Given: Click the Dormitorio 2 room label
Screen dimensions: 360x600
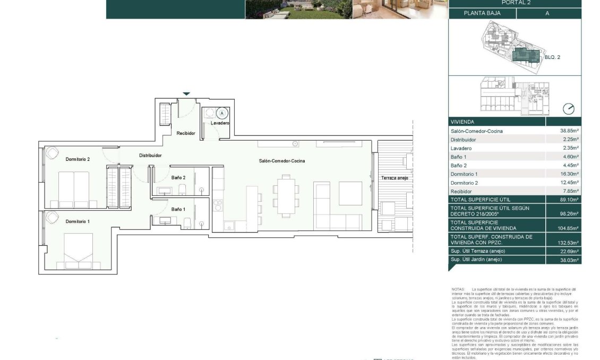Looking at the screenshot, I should pyautogui.click(x=78, y=159).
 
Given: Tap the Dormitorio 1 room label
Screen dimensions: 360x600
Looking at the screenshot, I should pyautogui.click(x=78, y=221).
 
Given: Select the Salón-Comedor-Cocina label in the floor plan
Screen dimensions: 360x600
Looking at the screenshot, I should pyautogui.click(x=282, y=161).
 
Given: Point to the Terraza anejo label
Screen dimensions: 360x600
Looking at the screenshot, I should pyautogui.click(x=395, y=178).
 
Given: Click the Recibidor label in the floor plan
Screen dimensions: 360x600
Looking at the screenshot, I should pyautogui.click(x=186, y=133).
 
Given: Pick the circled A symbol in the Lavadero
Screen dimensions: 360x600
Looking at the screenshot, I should pyautogui.click(x=222, y=113).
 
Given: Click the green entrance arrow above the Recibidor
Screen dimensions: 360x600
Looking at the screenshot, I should pyautogui.click(x=186, y=94).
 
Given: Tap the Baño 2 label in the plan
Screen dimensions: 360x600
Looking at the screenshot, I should pyautogui.click(x=178, y=178).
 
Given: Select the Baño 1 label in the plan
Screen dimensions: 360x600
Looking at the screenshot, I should pyautogui.click(x=178, y=209).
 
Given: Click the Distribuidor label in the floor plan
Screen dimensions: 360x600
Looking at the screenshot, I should pyautogui.click(x=150, y=156).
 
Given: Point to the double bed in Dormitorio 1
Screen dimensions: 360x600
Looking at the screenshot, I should pyautogui.click(x=78, y=250).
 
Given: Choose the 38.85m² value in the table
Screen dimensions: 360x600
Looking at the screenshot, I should pyautogui.click(x=569, y=131).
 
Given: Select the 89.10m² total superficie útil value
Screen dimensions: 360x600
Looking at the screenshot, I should pyautogui.click(x=569, y=200).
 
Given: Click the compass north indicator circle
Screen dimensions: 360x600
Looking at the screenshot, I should pyautogui.click(x=568, y=109).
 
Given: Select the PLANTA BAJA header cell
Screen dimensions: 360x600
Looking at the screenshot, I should pyautogui.click(x=482, y=14).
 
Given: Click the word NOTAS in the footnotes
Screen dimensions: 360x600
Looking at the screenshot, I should pyautogui.click(x=458, y=289).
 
